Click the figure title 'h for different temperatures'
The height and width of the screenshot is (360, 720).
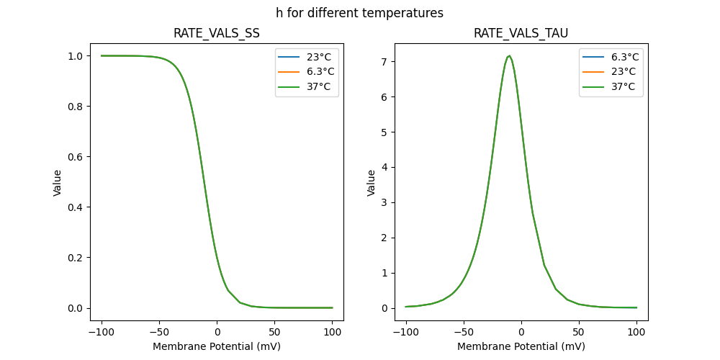(359, 13)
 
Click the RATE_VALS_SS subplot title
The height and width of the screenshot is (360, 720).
(217, 34)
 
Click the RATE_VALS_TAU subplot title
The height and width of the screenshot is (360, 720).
(521, 34)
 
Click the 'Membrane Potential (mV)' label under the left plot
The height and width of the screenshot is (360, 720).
(217, 346)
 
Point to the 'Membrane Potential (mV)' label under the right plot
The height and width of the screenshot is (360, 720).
(521, 346)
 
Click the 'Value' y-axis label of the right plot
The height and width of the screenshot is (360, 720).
(372, 183)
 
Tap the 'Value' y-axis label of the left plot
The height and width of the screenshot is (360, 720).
(58, 183)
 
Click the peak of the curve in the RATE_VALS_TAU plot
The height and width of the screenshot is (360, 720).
(510, 55)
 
